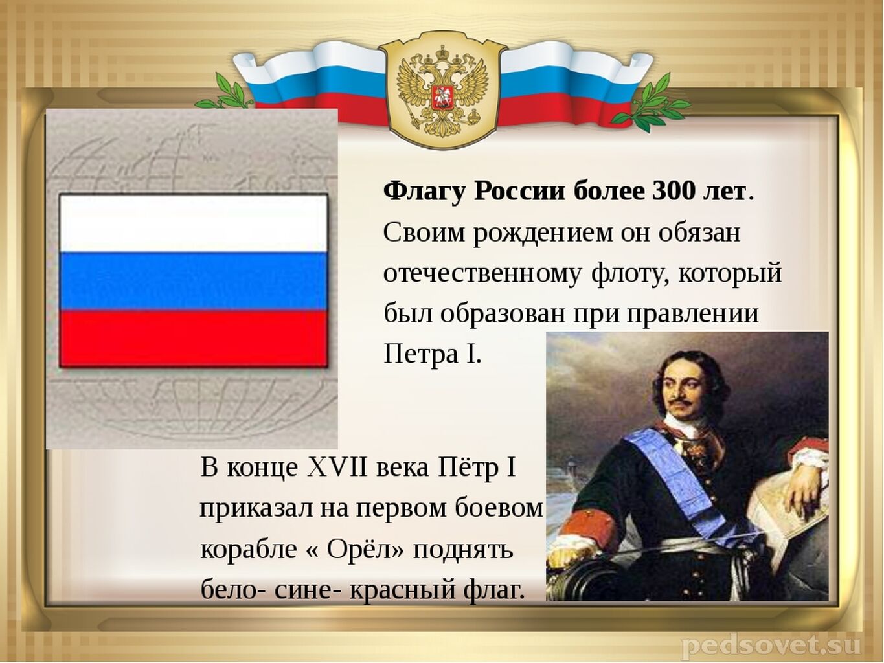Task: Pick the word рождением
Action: (538, 234)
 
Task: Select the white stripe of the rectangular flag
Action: (193, 224)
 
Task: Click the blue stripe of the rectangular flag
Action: (193, 281)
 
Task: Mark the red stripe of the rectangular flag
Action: (193, 338)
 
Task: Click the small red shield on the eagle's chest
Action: (442, 97)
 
